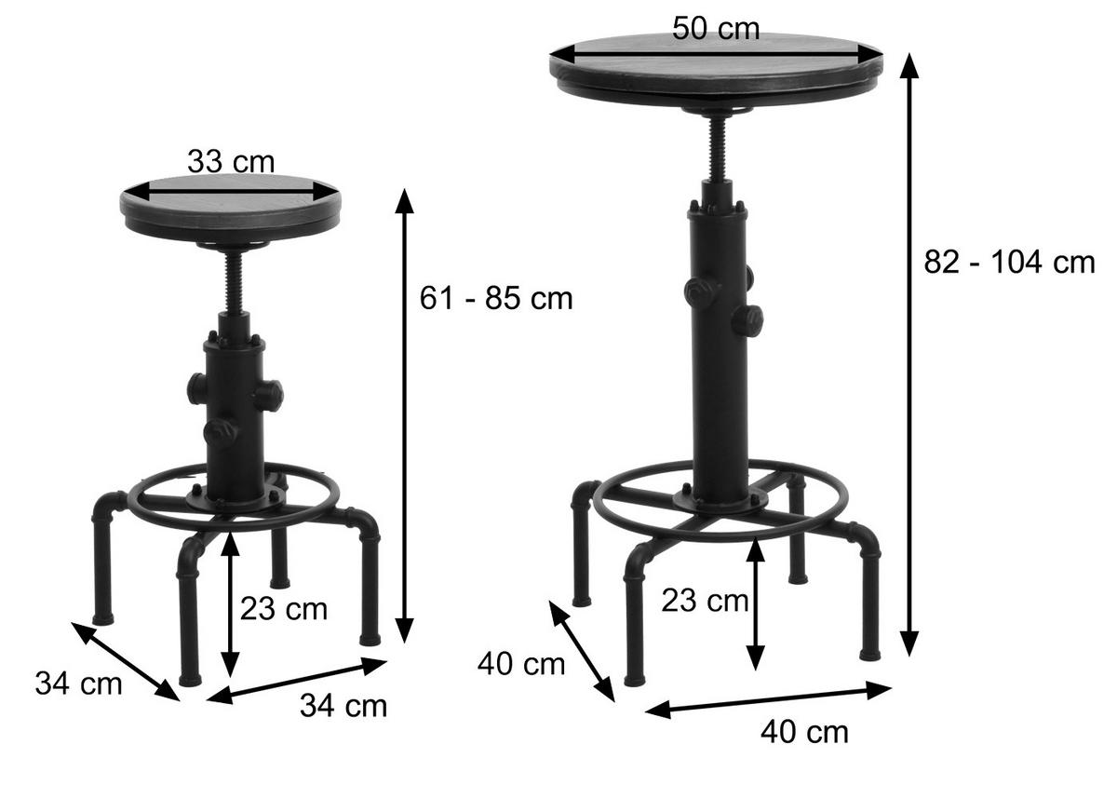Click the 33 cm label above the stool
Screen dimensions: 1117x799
pyautogui.click(x=231, y=162)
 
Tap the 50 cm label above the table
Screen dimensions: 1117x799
pyautogui.click(x=716, y=28)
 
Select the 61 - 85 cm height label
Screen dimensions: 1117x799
pyautogui.click(x=495, y=298)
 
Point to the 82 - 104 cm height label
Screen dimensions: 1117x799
pyautogui.click(x=1009, y=262)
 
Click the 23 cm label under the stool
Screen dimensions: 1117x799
pyautogui.click(x=284, y=609)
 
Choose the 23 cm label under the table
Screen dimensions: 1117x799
pyautogui.click(x=705, y=601)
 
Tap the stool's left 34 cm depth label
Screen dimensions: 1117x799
pyautogui.click(x=78, y=684)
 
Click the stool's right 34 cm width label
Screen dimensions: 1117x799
pyautogui.click(x=343, y=706)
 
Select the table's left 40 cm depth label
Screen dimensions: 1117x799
pyautogui.click(x=521, y=664)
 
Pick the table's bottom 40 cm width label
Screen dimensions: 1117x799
pyautogui.click(x=804, y=732)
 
